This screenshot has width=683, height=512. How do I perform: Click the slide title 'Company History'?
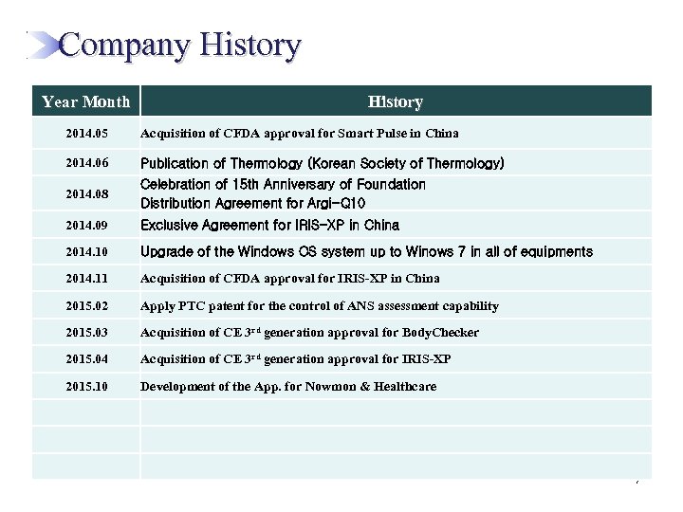(x=180, y=45)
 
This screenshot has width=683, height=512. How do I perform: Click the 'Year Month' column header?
(x=85, y=101)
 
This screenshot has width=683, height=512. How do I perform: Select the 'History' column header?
(x=396, y=101)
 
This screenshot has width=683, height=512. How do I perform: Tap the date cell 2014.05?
(x=86, y=134)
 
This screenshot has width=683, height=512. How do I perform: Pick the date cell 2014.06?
(x=86, y=164)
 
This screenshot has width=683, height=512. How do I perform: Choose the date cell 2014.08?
(x=86, y=193)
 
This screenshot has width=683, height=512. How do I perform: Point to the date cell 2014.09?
(x=86, y=226)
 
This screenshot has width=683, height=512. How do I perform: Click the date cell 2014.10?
(x=86, y=252)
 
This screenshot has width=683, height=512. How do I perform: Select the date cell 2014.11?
(x=86, y=279)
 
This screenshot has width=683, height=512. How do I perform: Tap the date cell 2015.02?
(x=86, y=306)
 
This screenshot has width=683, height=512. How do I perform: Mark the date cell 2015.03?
(x=86, y=333)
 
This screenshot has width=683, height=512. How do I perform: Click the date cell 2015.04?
(x=86, y=359)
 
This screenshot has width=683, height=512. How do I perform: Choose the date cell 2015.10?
(x=86, y=387)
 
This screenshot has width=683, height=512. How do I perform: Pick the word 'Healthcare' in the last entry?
(x=403, y=387)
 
